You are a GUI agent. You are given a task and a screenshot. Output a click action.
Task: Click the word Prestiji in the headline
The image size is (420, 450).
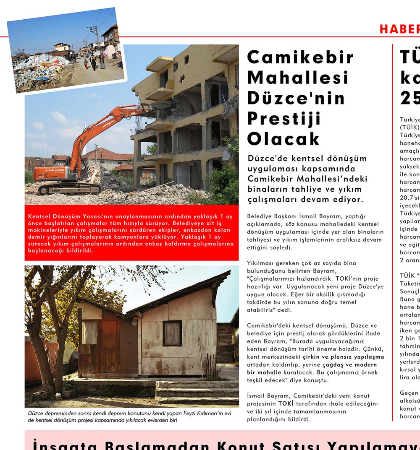284,119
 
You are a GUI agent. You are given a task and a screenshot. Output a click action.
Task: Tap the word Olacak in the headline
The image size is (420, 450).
283,139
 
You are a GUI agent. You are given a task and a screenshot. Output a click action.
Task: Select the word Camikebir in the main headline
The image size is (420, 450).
300,57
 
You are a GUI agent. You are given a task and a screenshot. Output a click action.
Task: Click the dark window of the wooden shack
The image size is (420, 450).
172,333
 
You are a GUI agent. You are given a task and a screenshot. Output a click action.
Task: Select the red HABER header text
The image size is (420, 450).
399,29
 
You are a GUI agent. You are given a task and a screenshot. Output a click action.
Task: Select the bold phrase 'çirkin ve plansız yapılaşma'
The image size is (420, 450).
343,357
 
